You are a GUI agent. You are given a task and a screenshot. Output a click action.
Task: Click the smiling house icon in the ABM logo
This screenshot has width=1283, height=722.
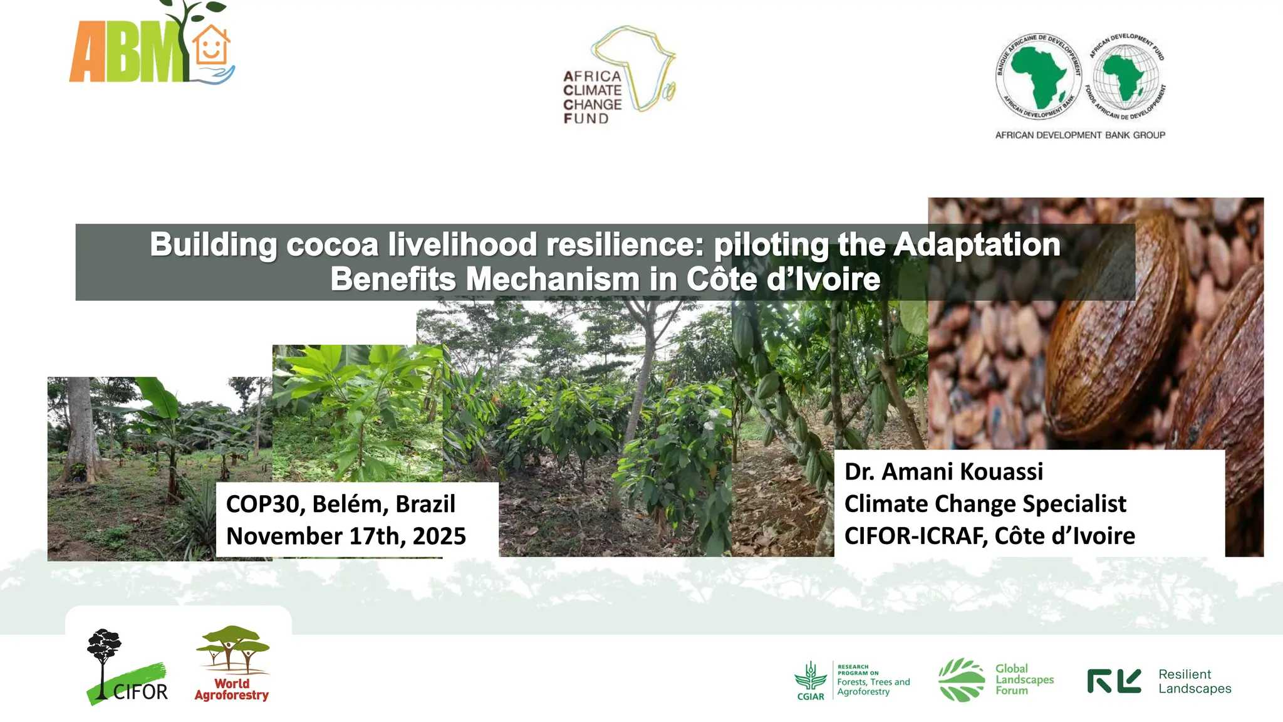click(x=210, y=45)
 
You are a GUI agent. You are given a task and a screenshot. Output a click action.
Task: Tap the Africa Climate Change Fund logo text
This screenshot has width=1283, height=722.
click(x=592, y=97)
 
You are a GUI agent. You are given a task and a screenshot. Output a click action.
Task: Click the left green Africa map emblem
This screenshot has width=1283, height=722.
click(x=1039, y=76)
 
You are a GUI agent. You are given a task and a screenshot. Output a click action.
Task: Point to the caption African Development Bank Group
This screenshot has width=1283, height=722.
click(x=1080, y=135)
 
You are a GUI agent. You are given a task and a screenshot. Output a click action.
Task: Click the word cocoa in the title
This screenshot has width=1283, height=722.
click(x=332, y=244)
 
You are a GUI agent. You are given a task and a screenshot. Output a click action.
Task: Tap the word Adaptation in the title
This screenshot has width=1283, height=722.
click(x=977, y=244)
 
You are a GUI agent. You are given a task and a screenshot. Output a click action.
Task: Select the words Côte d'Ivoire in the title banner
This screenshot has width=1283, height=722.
click(x=783, y=280)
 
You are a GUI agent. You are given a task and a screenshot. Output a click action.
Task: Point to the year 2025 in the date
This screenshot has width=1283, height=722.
click(x=439, y=536)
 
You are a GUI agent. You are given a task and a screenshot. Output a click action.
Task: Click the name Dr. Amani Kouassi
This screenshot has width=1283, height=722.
click(x=943, y=471)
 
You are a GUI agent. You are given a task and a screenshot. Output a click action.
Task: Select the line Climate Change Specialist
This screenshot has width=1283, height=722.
click(x=985, y=504)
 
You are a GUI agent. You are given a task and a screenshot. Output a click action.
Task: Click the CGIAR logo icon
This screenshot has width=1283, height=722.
click(x=810, y=679)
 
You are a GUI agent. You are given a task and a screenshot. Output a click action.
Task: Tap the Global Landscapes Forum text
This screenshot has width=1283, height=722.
click(x=1024, y=679)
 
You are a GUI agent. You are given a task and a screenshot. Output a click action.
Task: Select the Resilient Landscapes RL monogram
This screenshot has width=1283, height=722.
click(x=1114, y=681)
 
